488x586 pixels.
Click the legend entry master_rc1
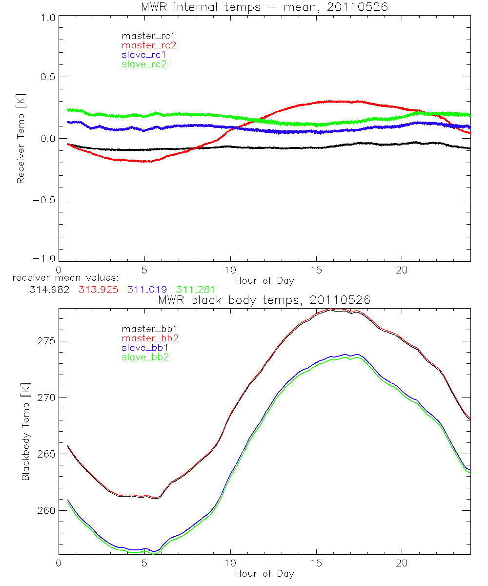pos(144,36)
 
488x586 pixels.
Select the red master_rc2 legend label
pos(148,45)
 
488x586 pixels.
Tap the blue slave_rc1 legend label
pos(144,55)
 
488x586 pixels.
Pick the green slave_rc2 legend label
pos(144,64)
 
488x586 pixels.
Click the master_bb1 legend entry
pos(144,329)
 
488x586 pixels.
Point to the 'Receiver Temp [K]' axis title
pos(20,138)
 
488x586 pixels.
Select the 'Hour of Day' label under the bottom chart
pos(264,574)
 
